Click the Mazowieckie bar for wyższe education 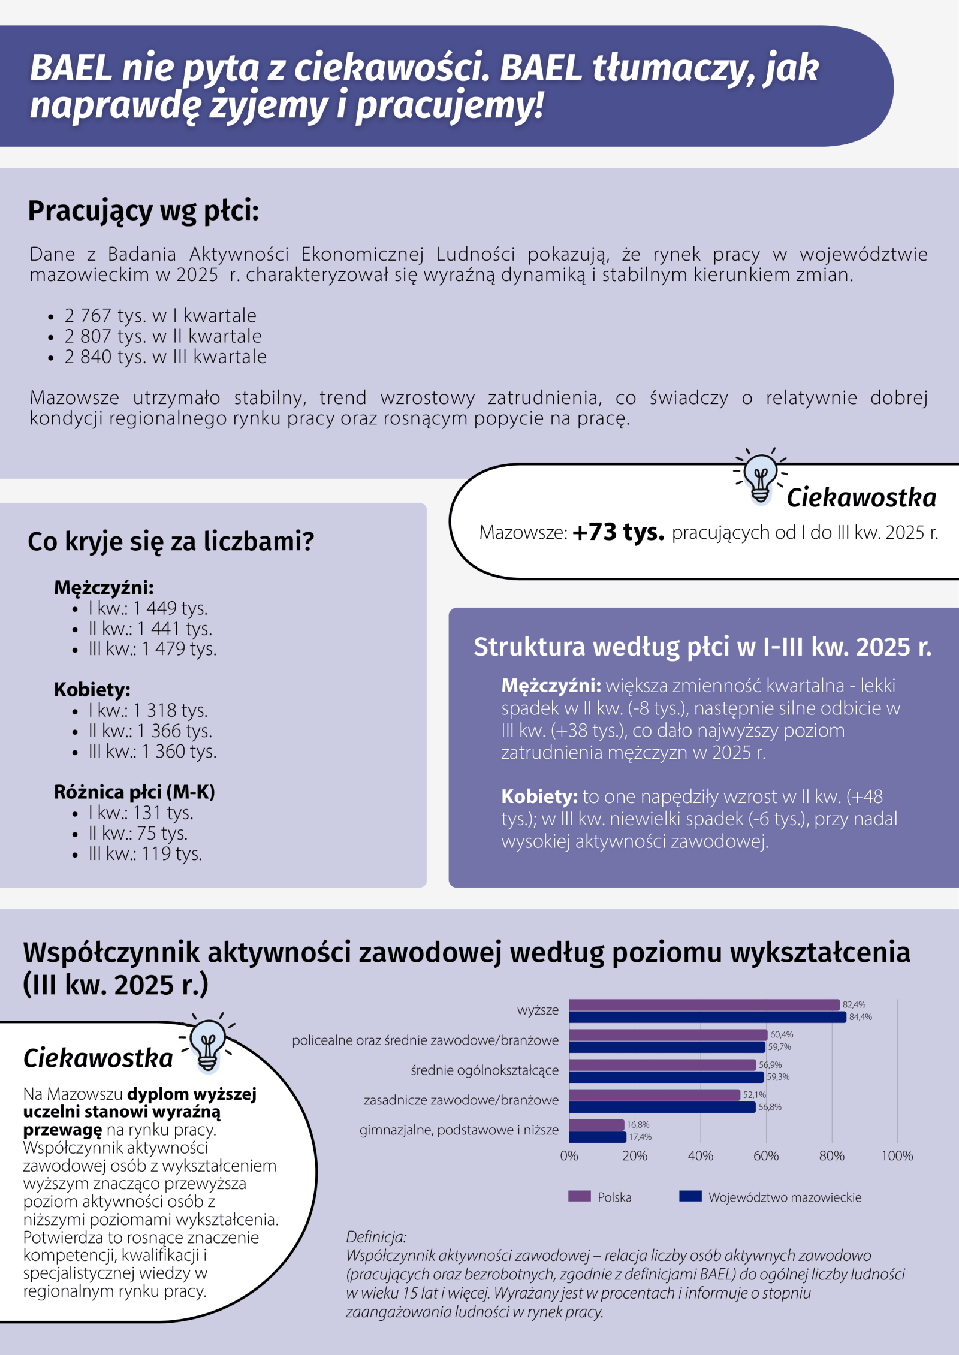coord(707,1017)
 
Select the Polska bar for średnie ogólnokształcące coord(662,1065)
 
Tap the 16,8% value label coord(638,1125)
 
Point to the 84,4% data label coord(860,1017)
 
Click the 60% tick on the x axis coord(766,1156)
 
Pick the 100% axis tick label coord(897,1156)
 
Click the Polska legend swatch coord(579,1197)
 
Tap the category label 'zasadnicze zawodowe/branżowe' coord(461,1100)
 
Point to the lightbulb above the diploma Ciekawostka coord(207,1045)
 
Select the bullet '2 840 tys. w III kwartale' coord(165,357)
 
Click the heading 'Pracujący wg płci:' coord(143,211)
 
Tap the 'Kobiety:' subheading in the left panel coord(92,690)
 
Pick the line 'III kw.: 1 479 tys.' coord(152,649)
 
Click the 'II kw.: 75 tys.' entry coord(138,834)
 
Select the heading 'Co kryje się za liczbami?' coord(171,541)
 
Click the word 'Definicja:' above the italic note coord(376,1236)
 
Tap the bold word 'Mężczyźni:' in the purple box coord(551,686)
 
